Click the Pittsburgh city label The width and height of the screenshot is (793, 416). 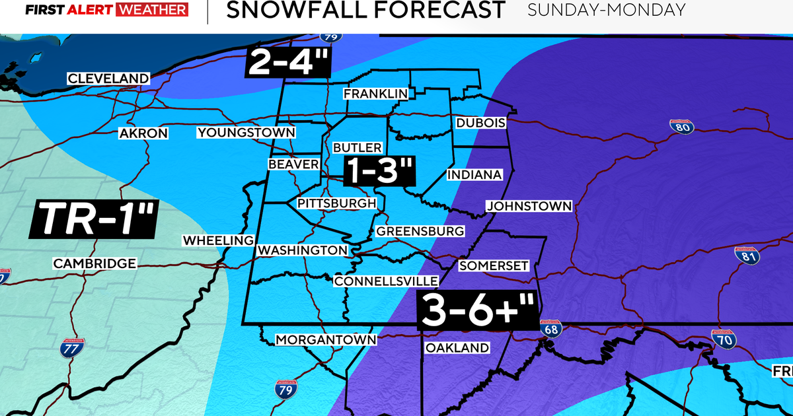pyautogui.click(x=336, y=203)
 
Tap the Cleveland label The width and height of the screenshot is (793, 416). pyautogui.click(x=108, y=79)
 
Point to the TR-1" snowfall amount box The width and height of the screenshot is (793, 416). pyautogui.click(x=93, y=219)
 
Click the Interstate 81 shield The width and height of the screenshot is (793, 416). pyautogui.click(x=747, y=255)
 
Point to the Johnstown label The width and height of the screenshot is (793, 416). pyautogui.click(x=529, y=206)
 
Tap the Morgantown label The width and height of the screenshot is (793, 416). pyautogui.click(x=326, y=340)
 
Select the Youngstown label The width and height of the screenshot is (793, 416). pyautogui.click(x=246, y=133)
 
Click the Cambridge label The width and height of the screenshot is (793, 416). pyautogui.click(x=95, y=263)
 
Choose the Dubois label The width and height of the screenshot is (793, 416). pyautogui.click(x=480, y=123)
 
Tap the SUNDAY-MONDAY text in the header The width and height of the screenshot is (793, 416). pyautogui.click(x=607, y=10)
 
